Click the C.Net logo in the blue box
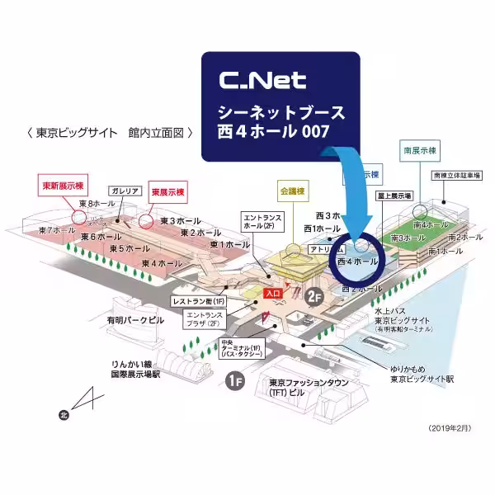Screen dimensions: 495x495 [263, 80]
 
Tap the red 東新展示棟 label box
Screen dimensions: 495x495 [68, 185]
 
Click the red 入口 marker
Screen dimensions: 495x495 [273, 293]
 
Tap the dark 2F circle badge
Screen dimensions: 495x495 [313, 296]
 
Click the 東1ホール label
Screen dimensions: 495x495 [229, 244]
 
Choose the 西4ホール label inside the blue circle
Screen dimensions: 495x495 [357, 261]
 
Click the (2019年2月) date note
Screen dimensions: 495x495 [450, 429]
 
